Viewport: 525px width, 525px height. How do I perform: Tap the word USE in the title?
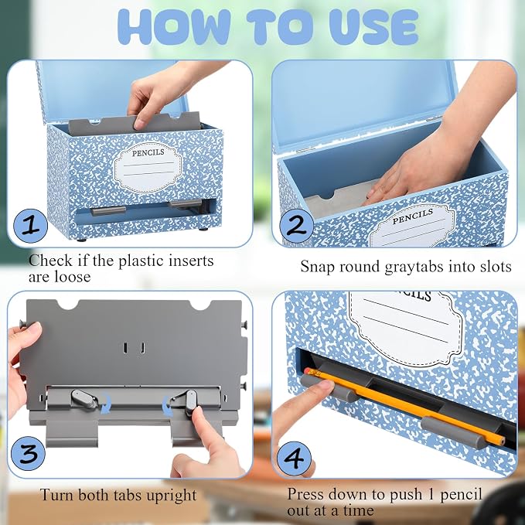(x=373, y=27)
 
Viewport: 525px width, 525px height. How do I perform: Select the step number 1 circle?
(x=30, y=227)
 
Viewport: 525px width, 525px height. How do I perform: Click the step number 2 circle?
(x=296, y=225)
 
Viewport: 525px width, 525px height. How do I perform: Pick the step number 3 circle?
(x=28, y=453)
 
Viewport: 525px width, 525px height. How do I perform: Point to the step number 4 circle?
(x=294, y=459)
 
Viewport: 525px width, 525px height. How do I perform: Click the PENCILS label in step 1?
(x=148, y=152)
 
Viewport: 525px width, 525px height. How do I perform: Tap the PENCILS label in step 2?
(x=413, y=216)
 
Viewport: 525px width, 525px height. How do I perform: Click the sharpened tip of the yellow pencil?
(x=503, y=443)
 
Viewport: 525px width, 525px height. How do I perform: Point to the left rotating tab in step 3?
(x=84, y=399)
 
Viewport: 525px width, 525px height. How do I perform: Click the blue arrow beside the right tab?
(x=168, y=406)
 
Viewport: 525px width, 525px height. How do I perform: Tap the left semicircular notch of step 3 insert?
(x=67, y=305)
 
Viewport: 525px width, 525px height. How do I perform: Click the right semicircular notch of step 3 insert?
(x=200, y=305)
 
